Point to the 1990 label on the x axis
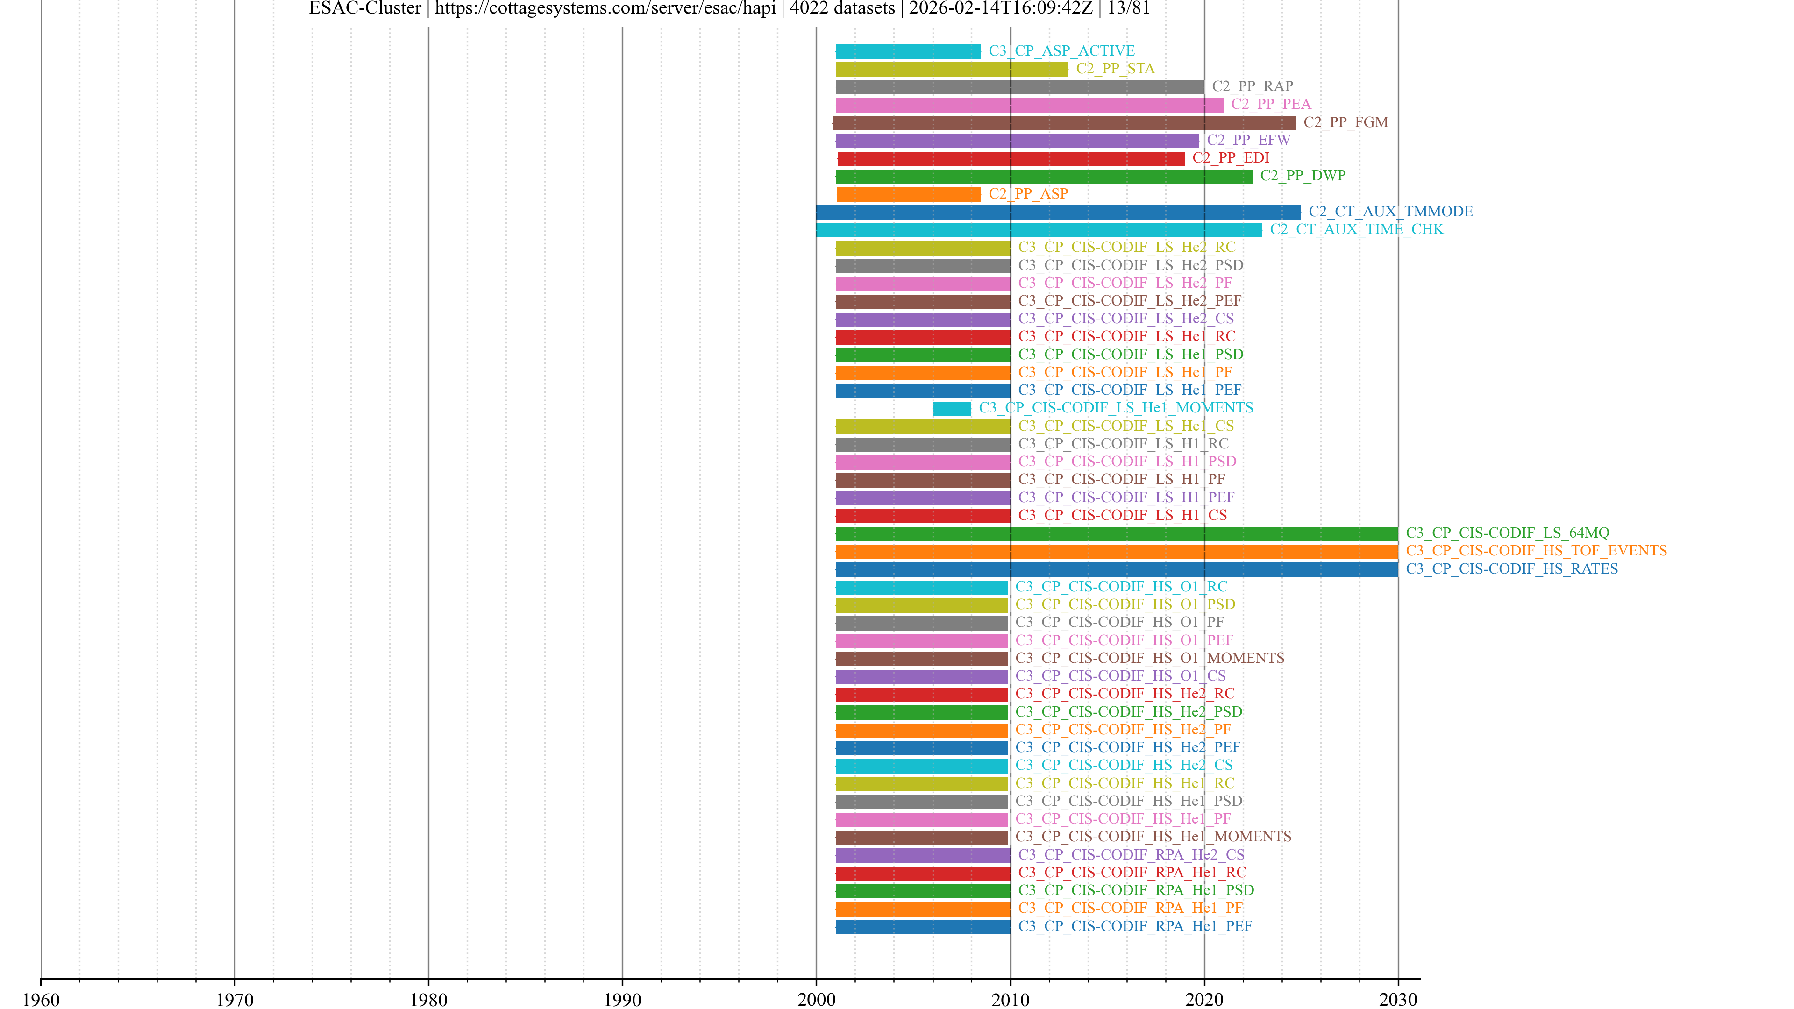tap(622, 999)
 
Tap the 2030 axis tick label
tap(1398, 999)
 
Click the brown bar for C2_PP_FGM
tap(1063, 123)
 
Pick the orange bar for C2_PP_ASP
tap(908, 194)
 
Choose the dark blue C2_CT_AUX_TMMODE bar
tap(1058, 213)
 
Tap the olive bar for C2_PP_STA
tap(951, 69)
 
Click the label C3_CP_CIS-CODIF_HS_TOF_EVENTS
tap(1536, 551)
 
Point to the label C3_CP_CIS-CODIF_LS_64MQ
tap(1507, 533)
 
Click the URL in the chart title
tap(605, 8)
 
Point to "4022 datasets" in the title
tap(842, 8)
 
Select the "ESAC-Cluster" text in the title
tap(365, 8)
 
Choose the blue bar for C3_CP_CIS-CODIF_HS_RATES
tap(1117, 569)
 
